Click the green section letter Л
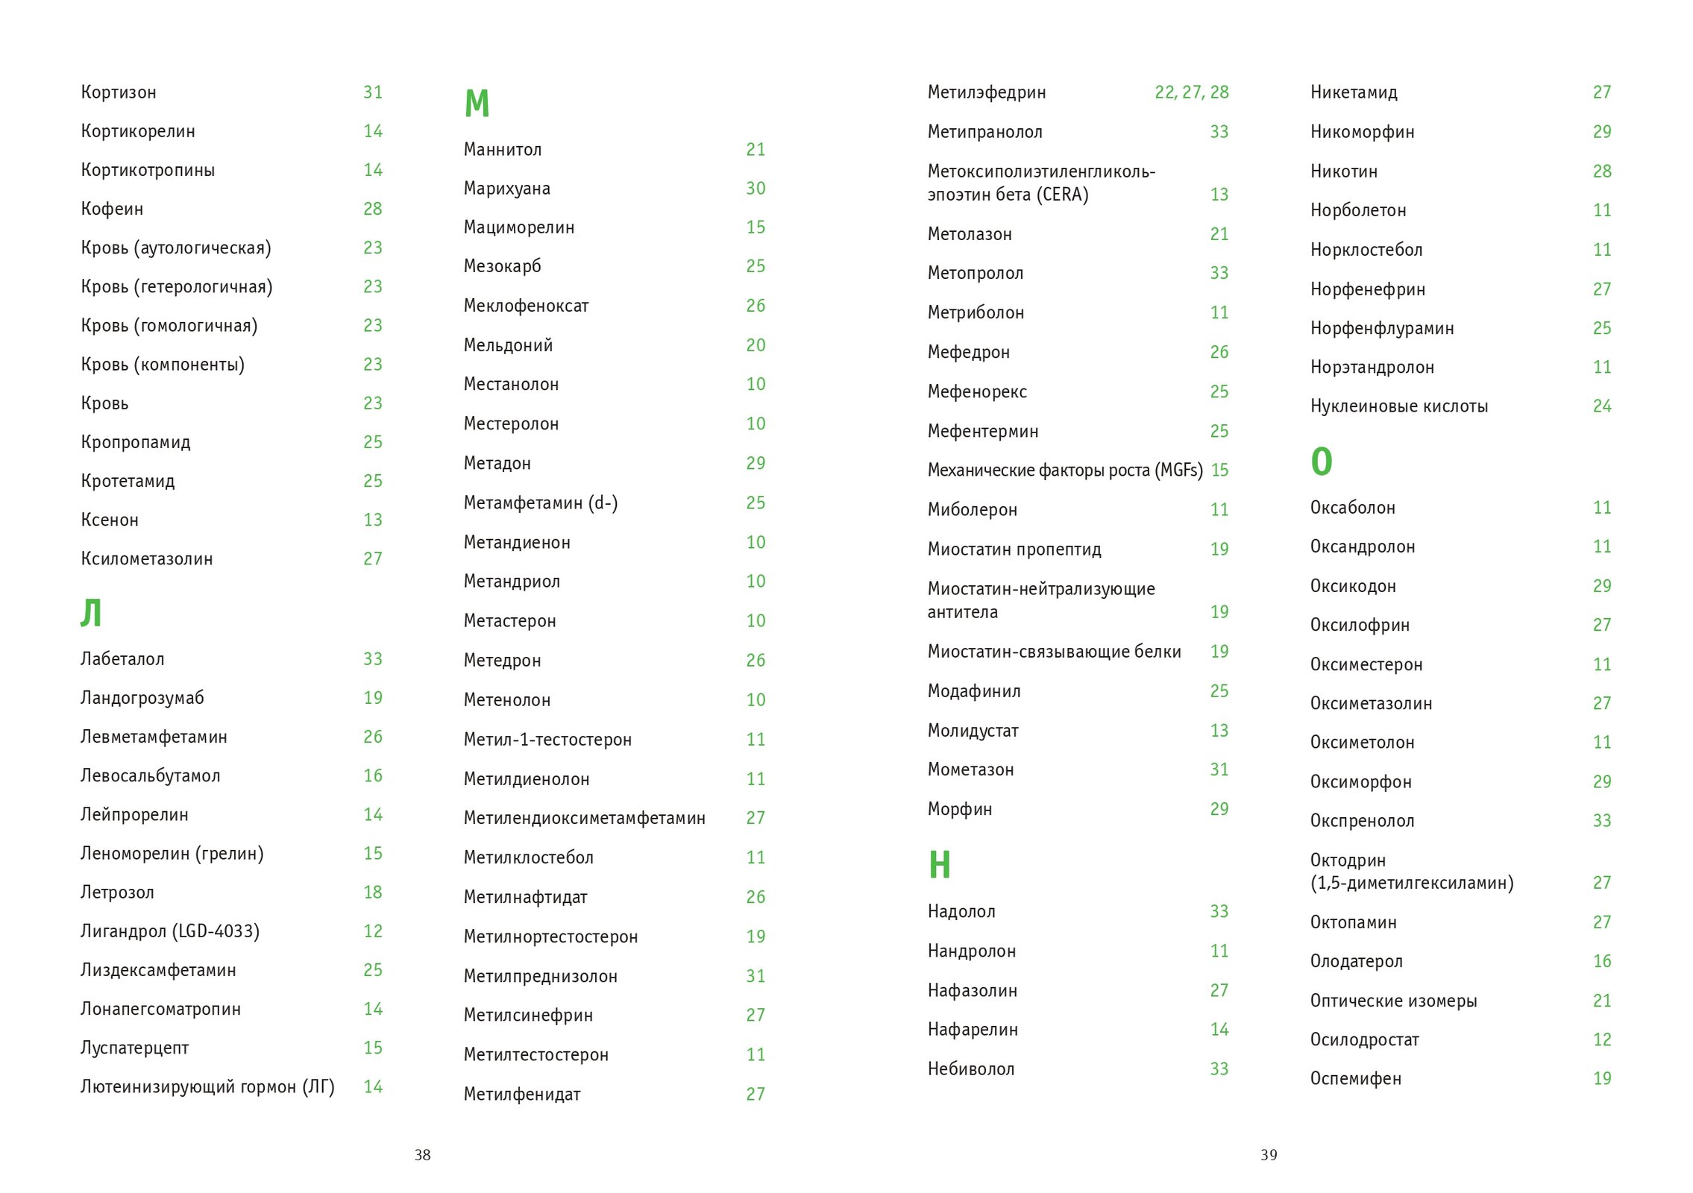point(90,613)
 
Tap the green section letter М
point(477,104)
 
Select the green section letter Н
point(939,865)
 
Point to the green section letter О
point(1321,462)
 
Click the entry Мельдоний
point(508,345)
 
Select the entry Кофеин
point(112,209)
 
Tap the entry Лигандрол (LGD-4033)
point(169,931)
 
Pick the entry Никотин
point(1343,171)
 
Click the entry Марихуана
point(506,189)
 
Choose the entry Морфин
point(959,809)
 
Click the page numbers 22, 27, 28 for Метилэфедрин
point(1191,92)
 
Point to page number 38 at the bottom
point(422,1155)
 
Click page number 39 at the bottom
point(1268,1155)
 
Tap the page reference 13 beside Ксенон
point(372,520)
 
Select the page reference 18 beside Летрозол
point(372,893)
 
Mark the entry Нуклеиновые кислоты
point(1398,406)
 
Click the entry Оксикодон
point(1352,586)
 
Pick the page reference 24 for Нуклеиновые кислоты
point(1601,406)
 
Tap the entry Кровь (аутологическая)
point(175,248)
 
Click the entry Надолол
point(961,911)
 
